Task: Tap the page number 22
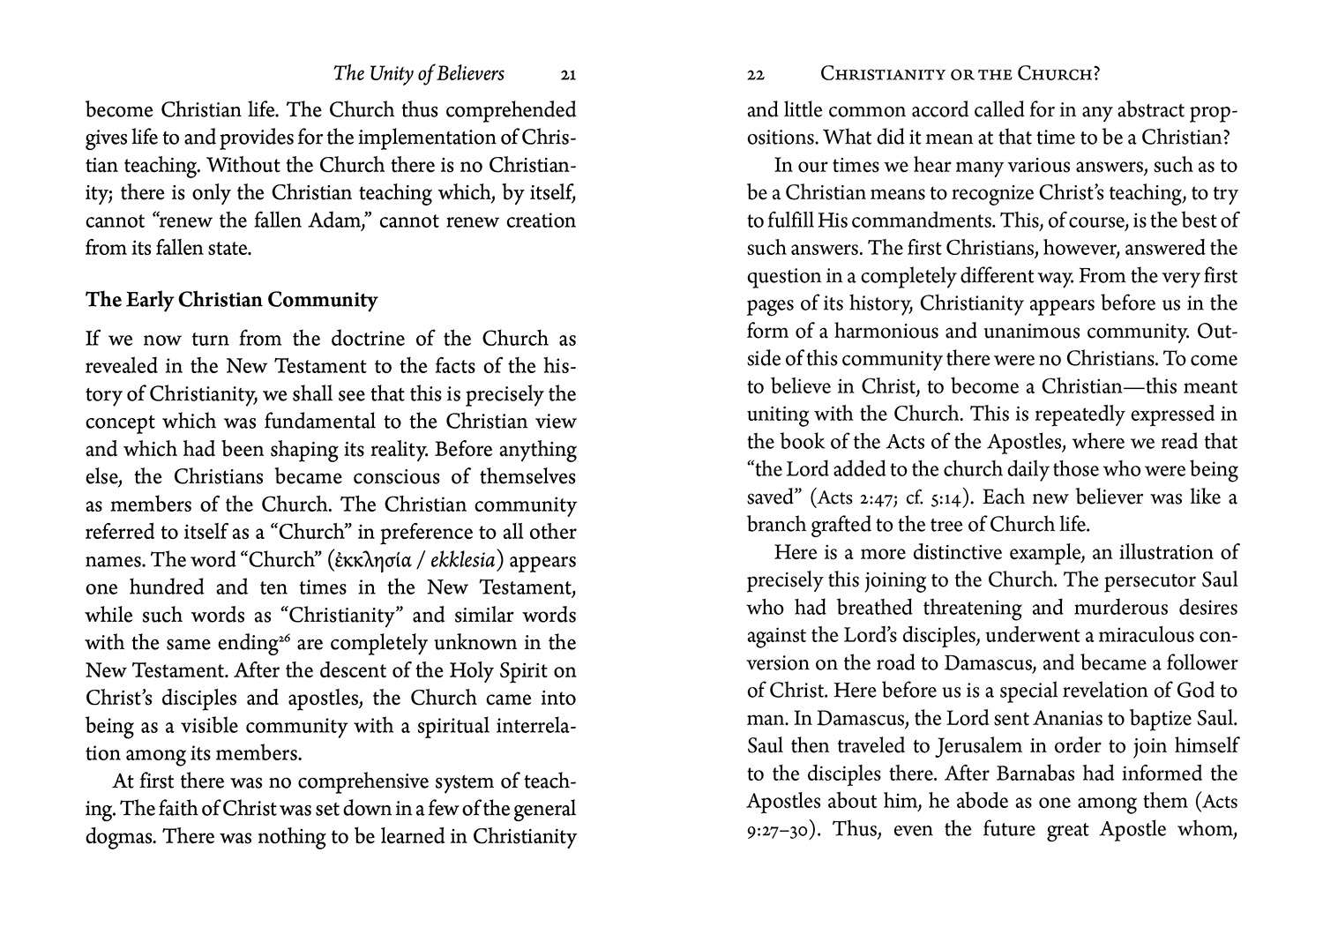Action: pyautogui.click(x=755, y=76)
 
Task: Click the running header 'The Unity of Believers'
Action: pyautogui.click(x=419, y=74)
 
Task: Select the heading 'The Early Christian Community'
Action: pyautogui.click(x=231, y=300)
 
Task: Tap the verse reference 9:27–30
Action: pyautogui.click(x=780, y=830)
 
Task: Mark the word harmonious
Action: pyautogui.click(x=889, y=332)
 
